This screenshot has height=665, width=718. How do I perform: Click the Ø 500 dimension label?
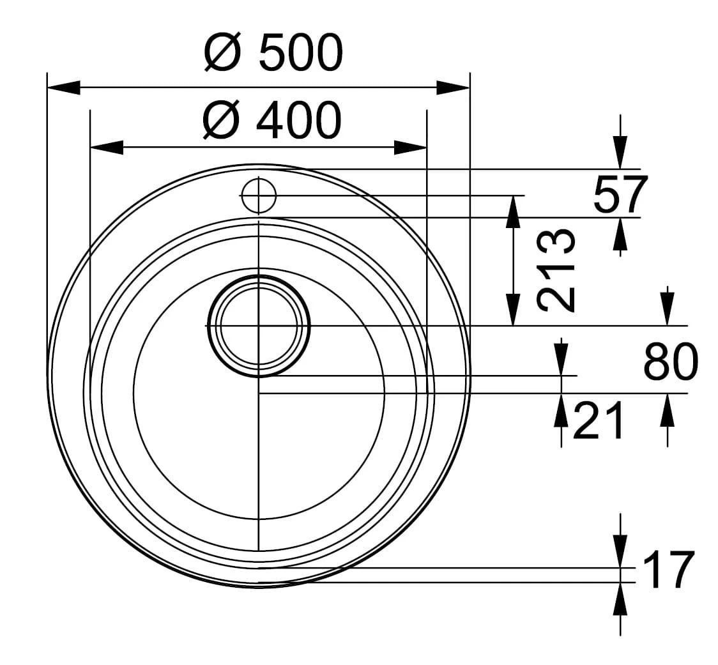coord(273,52)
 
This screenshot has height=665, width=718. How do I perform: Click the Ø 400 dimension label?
coord(272,120)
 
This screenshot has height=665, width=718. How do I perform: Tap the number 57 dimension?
coord(620,194)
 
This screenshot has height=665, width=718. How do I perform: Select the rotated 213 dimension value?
coord(556,270)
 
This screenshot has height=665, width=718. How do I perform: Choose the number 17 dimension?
coord(669,570)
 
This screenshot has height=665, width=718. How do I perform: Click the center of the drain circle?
coord(258,326)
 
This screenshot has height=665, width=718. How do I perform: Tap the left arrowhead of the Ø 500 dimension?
coord(64,88)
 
